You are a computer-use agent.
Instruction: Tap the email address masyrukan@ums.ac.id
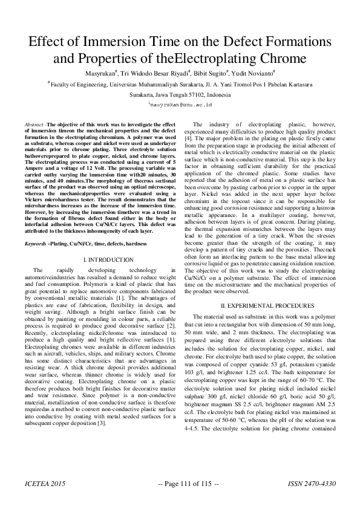click(x=180, y=105)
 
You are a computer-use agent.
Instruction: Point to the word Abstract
click(x=33, y=124)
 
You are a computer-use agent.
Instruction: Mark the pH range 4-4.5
click(x=200, y=446)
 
